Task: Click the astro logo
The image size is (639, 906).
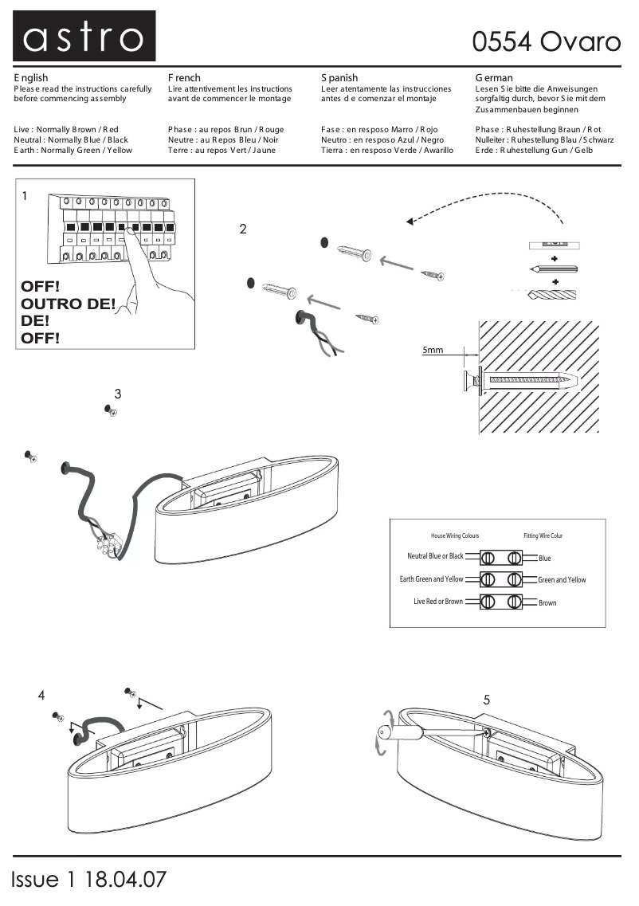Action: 84,37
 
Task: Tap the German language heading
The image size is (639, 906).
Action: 494,78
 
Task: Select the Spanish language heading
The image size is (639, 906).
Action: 339,78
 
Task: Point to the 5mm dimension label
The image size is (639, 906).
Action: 433,350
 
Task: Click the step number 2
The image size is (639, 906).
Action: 243,229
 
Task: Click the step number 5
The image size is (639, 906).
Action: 486,700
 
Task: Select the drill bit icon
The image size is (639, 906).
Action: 552,294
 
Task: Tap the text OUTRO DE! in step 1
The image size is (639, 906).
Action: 68,304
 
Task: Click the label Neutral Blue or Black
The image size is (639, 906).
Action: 435,556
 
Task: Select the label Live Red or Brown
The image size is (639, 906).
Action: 437,602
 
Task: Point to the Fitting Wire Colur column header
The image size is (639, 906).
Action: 543,535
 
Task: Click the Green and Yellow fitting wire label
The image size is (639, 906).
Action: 562,580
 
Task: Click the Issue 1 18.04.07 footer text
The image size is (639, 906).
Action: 89,879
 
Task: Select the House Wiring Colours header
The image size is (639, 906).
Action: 455,535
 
